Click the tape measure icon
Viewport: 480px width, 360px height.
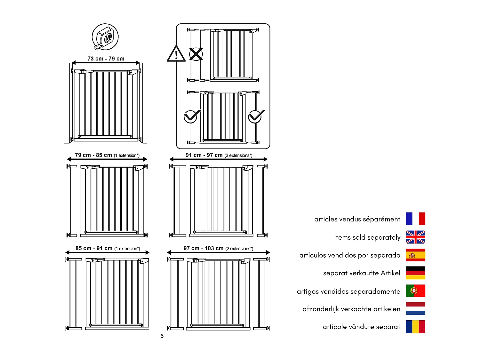(105, 37)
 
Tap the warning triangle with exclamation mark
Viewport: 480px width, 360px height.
(176, 54)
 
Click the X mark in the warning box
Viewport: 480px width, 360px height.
(196, 54)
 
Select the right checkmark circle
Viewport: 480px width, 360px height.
(256, 116)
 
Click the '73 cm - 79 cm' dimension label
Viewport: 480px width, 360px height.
(106, 59)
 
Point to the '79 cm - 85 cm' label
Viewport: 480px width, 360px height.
(93, 155)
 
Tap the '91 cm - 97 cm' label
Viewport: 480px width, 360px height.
(204, 155)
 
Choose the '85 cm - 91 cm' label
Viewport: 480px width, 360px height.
(94, 248)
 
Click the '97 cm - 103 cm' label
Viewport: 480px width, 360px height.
(204, 248)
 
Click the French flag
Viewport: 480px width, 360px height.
(415, 219)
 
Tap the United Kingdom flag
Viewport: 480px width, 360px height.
(415, 237)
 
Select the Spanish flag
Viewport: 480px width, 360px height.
(415, 255)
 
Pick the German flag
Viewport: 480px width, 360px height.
(415, 273)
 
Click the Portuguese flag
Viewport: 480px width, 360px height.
(415, 291)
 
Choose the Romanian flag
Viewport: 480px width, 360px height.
(415, 327)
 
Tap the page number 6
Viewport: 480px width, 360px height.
(162, 336)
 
